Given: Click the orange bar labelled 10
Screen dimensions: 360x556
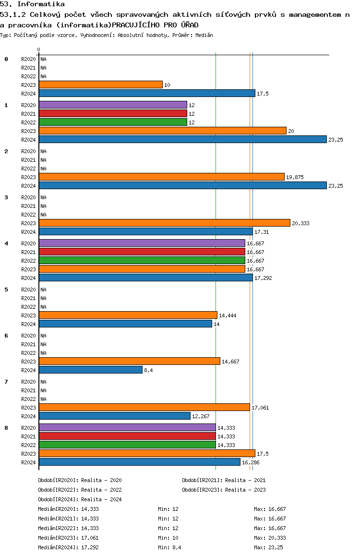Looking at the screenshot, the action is click(x=101, y=85).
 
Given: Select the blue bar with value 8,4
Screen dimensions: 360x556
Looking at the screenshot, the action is click(x=91, y=370).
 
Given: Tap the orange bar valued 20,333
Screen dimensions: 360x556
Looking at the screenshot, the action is click(x=165, y=223).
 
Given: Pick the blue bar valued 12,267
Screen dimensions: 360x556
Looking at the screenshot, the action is click(x=114, y=416).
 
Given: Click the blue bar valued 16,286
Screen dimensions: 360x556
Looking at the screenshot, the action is click(x=140, y=462).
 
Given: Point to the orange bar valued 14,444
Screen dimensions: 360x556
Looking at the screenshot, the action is click(x=128, y=315).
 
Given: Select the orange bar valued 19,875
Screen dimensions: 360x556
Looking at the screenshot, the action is click(x=162, y=177).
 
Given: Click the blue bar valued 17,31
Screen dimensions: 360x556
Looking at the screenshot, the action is click(x=145, y=231).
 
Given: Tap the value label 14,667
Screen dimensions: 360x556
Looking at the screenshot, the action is click(x=230, y=362).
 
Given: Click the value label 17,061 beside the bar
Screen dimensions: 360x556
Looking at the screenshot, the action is click(x=260, y=408).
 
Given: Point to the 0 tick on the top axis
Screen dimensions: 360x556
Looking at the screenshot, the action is click(x=38, y=49).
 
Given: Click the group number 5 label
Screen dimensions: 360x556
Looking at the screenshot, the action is click(x=6, y=290).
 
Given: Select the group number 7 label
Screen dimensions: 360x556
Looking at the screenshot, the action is click(x=6, y=382).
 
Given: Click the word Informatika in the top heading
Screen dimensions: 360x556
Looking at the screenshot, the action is click(x=41, y=4).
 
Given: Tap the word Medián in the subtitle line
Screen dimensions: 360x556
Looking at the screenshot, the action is click(x=204, y=35).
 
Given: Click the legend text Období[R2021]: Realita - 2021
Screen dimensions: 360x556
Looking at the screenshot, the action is click(x=224, y=480).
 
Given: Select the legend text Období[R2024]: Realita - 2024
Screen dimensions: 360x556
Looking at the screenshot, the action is click(x=80, y=499).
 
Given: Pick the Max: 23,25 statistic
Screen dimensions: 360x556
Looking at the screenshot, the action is click(x=268, y=547).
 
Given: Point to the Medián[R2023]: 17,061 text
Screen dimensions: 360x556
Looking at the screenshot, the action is click(x=68, y=538).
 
